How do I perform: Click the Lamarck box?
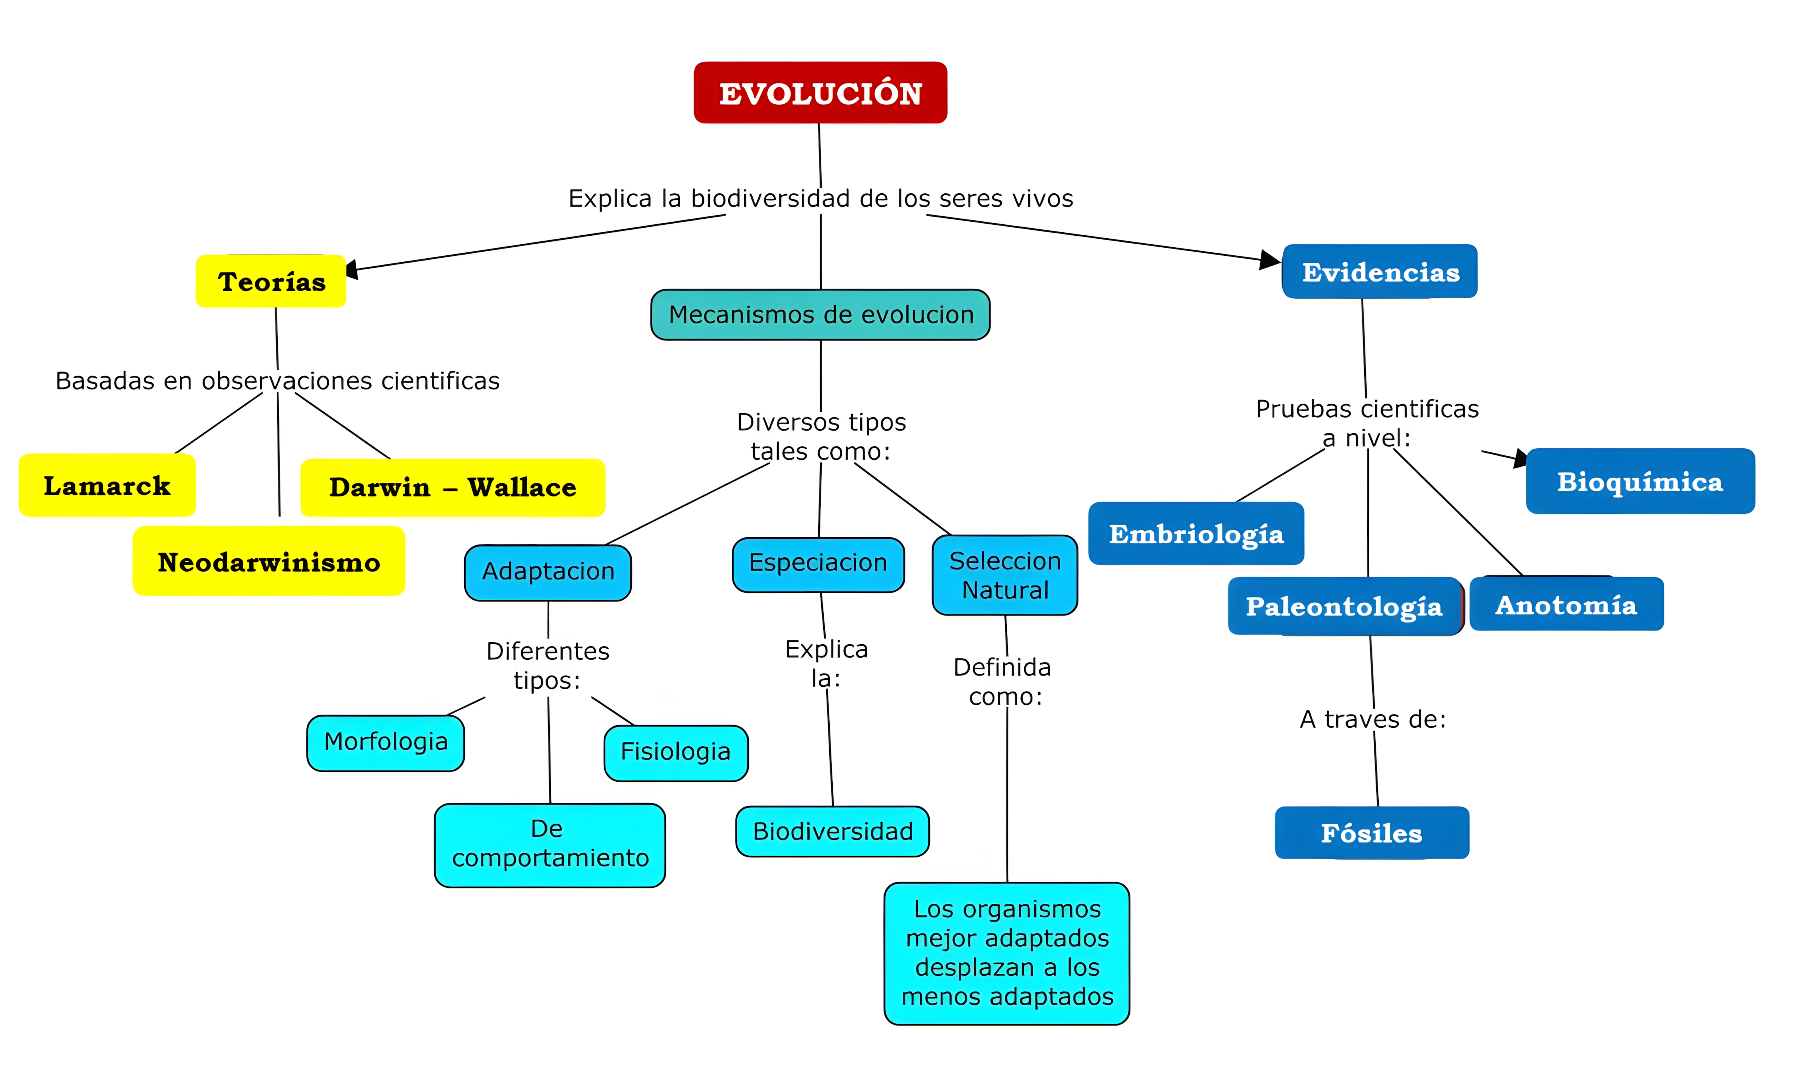pyautogui.click(x=107, y=485)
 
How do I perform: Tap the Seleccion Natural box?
pyautogui.click(x=1004, y=575)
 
